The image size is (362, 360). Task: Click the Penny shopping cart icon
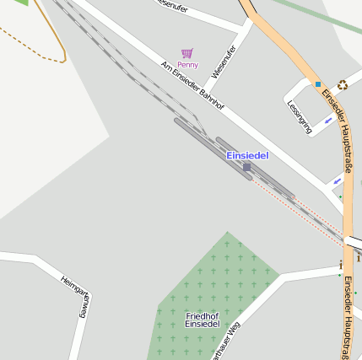(187, 53)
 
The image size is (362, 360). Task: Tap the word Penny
(187, 65)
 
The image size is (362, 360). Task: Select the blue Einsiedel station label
(247, 156)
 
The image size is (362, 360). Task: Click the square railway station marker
(246, 167)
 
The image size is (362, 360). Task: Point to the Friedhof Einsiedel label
(203, 320)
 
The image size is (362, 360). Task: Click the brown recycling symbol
(343, 84)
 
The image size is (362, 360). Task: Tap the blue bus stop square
(318, 84)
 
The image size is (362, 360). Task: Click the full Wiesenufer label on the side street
(224, 62)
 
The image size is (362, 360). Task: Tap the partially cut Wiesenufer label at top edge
(172, 5)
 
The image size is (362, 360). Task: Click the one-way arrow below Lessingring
(338, 180)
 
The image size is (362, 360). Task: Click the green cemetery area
(219, 278)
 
